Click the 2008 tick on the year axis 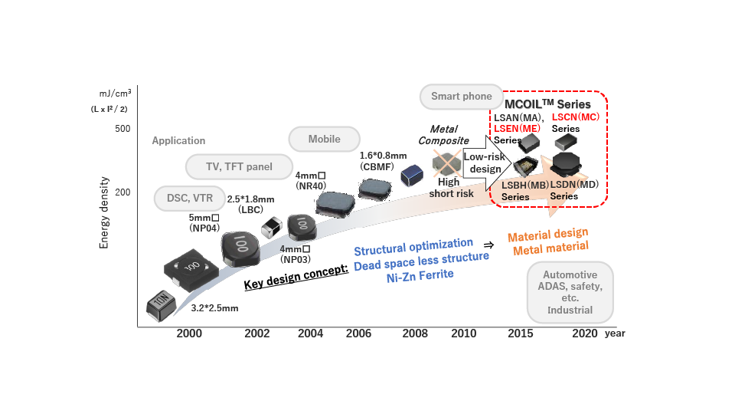(x=414, y=333)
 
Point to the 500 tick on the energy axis (x=122, y=128)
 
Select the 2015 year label (x=521, y=333)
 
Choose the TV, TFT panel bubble (x=240, y=166)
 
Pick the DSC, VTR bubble (x=188, y=197)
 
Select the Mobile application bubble (x=324, y=139)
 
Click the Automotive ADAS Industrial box (x=570, y=292)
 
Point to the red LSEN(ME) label (x=517, y=129)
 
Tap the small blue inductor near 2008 (x=413, y=175)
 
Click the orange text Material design (x=547, y=234)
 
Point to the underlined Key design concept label (x=296, y=275)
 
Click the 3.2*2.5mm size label (x=214, y=308)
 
